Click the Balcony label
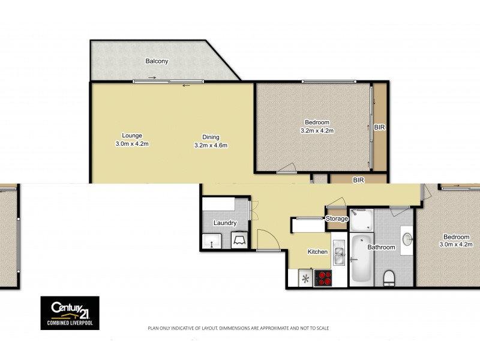(x=157, y=61)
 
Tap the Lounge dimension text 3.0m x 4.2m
(x=132, y=144)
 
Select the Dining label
(x=210, y=136)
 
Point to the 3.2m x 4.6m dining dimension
(x=210, y=145)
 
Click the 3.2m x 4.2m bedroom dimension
(x=316, y=130)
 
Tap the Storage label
(x=337, y=219)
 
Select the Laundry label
(x=225, y=223)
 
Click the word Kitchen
(x=317, y=251)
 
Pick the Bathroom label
(x=381, y=247)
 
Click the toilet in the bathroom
(x=389, y=277)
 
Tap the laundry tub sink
(x=211, y=241)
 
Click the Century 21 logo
(x=70, y=313)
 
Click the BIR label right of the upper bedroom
(x=379, y=128)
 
